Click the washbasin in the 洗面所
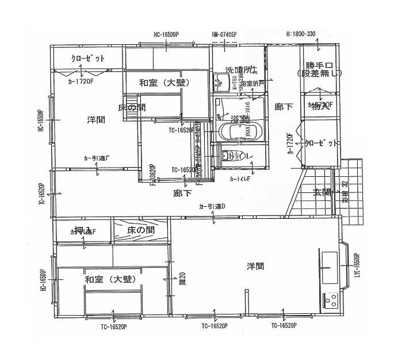click(x=219, y=82)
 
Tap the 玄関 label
click(x=322, y=192)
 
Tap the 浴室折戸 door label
click(x=252, y=84)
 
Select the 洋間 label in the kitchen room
click(x=256, y=266)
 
